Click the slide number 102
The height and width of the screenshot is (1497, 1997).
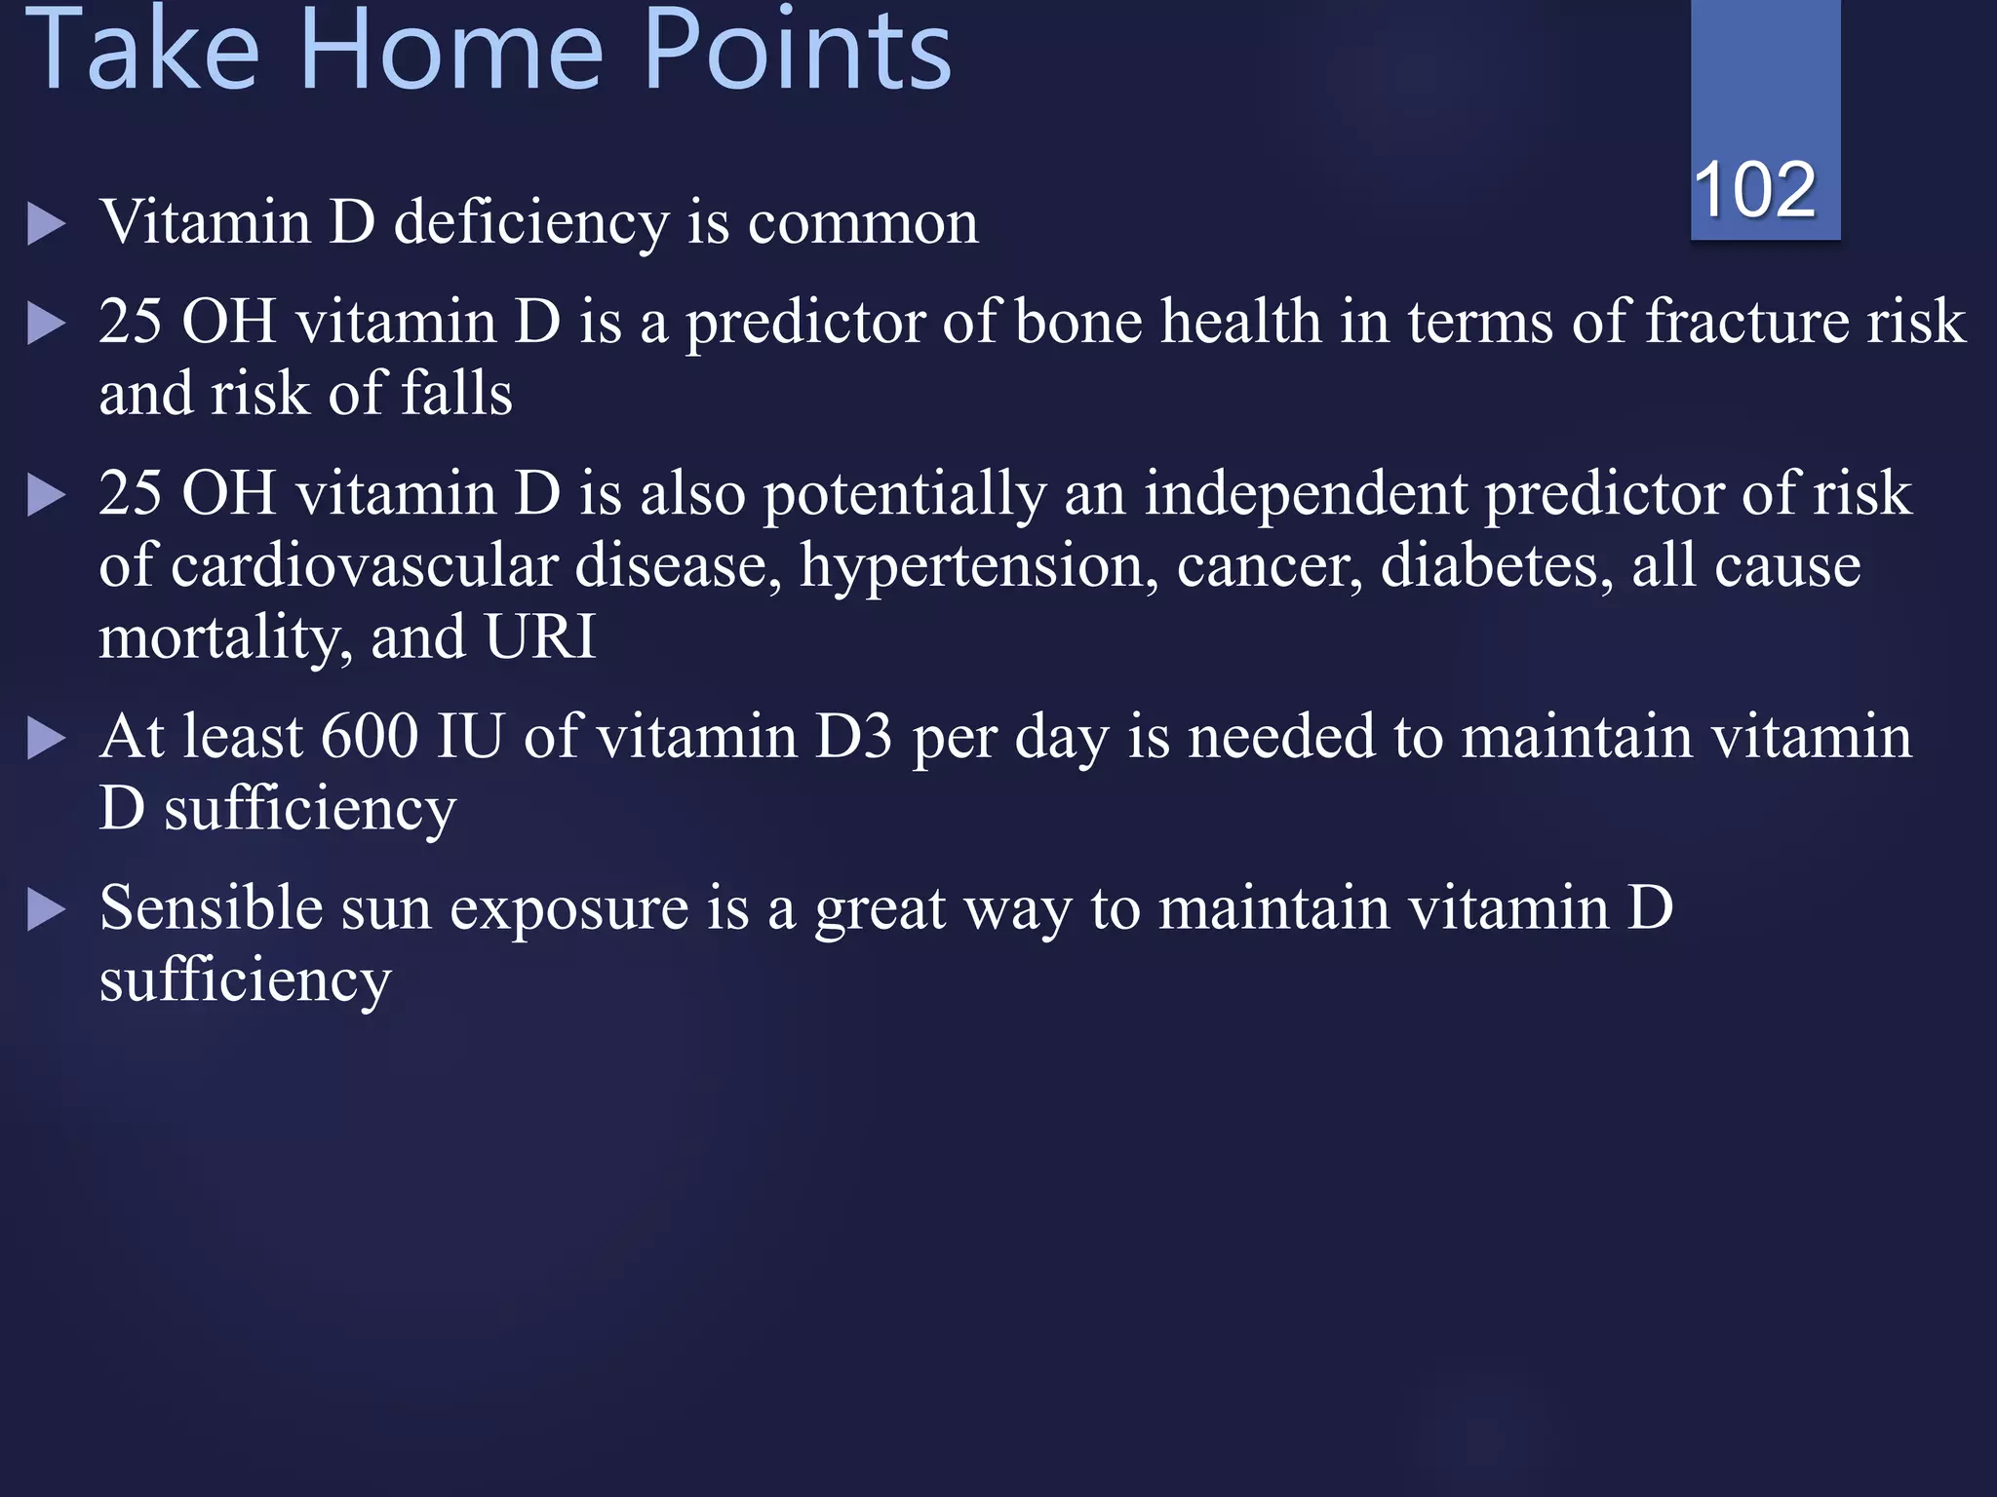click(x=1754, y=189)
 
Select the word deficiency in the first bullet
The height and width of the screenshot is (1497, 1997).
click(x=530, y=223)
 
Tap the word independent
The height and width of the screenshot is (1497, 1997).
click(x=1306, y=493)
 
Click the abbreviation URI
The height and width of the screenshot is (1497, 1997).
click(x=540, y=637)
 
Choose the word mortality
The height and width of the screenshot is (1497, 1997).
click(x=225, y=639)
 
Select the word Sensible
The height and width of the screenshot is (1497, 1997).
click(x=212, y=908)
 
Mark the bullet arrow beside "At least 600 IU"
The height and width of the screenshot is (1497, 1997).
click(x=46, y=739)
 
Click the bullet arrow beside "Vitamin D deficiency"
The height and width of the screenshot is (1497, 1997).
click(x=46, y=224)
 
